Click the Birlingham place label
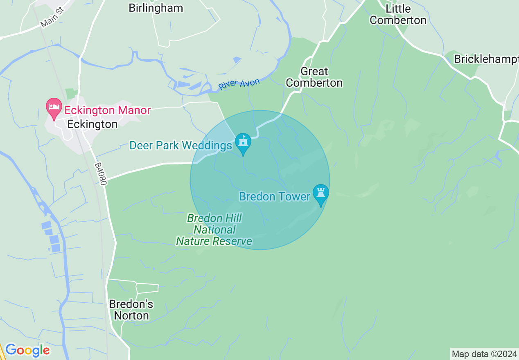pyautogui.click(x=156, y=8)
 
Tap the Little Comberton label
pyautogui.click(x=398, y=14)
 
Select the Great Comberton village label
pyautogui.click(x=314, y=77)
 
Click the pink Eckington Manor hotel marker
pyautogui.click(x=54, y=108)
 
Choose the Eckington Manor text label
pyautogui.click(x=107, y=110)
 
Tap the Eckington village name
pyautogui.click(x=92, y=124)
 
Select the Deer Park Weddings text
pyautogui.click(x=181, y=145)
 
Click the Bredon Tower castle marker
pyautogui.click(x=320, y=194)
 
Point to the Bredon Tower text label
pyautogui.click(x=275, y=197)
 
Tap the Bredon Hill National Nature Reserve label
pyautogui.click(x=214, y=229)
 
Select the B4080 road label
pyautogui.click(x=100, y=174)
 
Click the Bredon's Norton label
pyautogui.click(x=131, y=310)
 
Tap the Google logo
pyautogui.click(x=27, y=350)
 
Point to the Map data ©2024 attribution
pyautogui.click(x=484, y=354)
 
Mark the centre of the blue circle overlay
pyautogui.click(x=260, y=180)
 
